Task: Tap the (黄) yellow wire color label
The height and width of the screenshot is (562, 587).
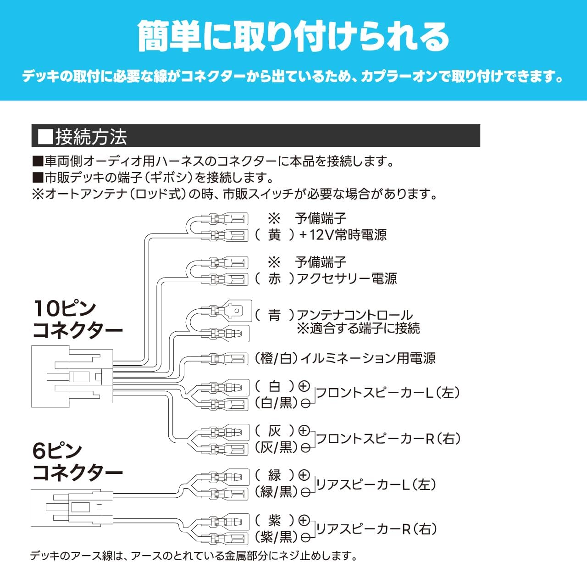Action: pyautogui.click(x=274, y=235)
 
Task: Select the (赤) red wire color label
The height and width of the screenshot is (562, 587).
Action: pyautogui.click(x=274, y=278)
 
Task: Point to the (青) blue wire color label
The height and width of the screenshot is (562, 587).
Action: pyautogui.click(x=274, y=315)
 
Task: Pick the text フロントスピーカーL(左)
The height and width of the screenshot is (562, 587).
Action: pyautogui.click(x=388, y=393)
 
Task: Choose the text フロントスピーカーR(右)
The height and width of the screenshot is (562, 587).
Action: pyautogui.click(x=388, y=439)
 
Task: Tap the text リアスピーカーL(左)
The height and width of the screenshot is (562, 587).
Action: pyautogui.click(x=376, y=484)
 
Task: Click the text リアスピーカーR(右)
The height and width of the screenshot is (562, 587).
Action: pyautogui.click(x=376, y=529)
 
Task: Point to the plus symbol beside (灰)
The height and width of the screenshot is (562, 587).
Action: pyautogui.click(x=304, y=430)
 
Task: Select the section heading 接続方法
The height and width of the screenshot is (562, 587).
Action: pyautogui.click(x=91, y=136)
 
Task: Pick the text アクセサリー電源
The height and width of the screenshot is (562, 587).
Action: pyautogui.click(x=347, y=278)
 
